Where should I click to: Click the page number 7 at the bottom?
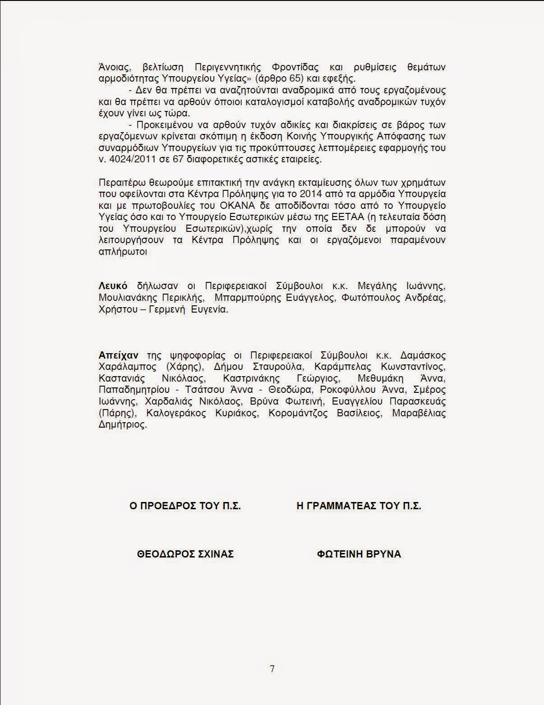[272, 668]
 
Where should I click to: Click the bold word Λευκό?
[113, 286]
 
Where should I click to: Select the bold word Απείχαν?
[118, 355]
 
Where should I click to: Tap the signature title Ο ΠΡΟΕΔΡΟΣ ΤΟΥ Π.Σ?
[185, 506]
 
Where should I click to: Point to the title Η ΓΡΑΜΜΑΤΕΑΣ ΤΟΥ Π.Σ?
[359, 506]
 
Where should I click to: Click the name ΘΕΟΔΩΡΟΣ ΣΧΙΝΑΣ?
[185, 554]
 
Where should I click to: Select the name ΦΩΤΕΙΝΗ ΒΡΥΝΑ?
[359, 554]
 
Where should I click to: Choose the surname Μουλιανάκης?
[128, 298]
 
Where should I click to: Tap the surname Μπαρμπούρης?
[244, 298]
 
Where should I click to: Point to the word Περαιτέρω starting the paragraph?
[120, 182]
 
